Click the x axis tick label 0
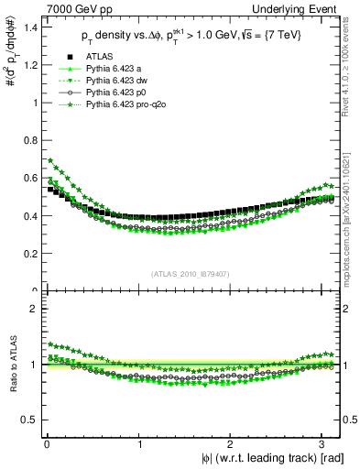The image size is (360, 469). click(47, 444)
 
